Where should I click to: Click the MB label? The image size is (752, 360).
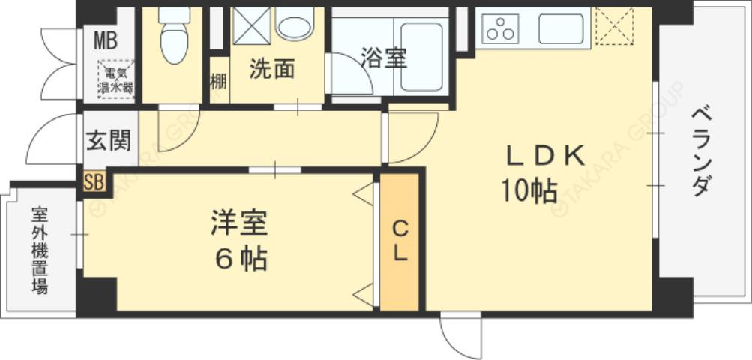coord(106,40)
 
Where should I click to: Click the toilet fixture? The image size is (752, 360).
coord(174,37)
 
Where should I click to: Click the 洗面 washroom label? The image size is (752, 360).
coord(271,69)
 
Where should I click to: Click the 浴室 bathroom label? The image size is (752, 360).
coord(383,58)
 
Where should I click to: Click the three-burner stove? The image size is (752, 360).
coord(501,28)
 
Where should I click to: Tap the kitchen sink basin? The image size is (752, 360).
coord(561,28)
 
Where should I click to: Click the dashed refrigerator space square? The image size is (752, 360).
coord(614,28)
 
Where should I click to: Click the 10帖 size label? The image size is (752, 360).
coord(529,192)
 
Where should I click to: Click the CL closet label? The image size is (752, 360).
coord(400,240)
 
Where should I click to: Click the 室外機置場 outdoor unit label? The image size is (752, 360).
coord(40,250)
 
